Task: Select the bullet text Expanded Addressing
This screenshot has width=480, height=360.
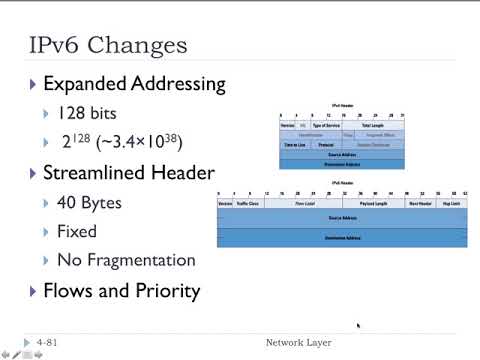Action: [x=134, y=84]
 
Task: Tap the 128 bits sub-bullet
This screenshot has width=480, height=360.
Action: [x=88, y=114]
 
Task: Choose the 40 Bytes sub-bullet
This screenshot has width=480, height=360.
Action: [x=90, y=203]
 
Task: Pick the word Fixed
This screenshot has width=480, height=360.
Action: [x=78, y=231]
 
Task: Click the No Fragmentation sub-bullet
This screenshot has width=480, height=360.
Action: [x=126, y=260]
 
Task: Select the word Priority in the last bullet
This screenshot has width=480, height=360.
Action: [x=167, y=291]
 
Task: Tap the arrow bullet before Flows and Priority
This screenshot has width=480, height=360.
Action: [x=35, y=292]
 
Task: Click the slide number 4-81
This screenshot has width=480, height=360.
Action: [x=46, y=343]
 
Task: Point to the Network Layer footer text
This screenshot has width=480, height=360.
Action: [x=298, y=343]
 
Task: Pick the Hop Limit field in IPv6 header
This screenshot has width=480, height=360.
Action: [x=451, y=201]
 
